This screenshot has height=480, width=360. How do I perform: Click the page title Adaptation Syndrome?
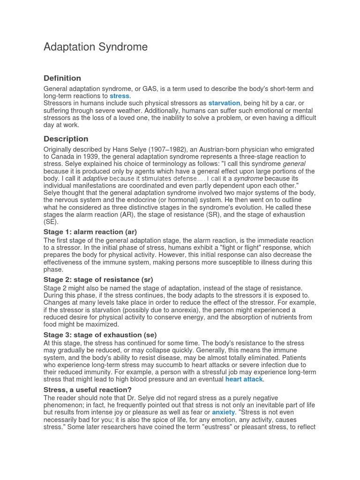pyautogui.click(x=95, y=47)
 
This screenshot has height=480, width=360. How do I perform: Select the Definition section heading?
pyautogui.click(x=62, y=78)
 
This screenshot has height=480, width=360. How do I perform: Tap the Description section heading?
pyautogui.click(x=66, y=139)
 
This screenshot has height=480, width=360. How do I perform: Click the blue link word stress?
pyautogui.click(x=120, y=96)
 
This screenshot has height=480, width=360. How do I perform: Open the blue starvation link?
pyautogui.click(x=224, y=103)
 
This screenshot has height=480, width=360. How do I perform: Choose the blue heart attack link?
pyautogui.click(x=244, y=379)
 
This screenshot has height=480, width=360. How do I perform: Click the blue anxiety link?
pyautogui.click(x=223, y=412)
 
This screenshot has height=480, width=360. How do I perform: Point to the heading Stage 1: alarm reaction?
pyautogui.click(x=90, y=232)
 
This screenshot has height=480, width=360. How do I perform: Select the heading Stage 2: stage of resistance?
pyautogui.click(x=98, y=280)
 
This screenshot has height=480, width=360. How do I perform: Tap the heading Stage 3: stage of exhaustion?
pyautogui.click(x=100, y=335)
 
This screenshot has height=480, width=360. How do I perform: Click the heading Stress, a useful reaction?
pyautogui.click(x=88, y=390)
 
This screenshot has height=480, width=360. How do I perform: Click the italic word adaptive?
pyautogui.click(x=95, y=179)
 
